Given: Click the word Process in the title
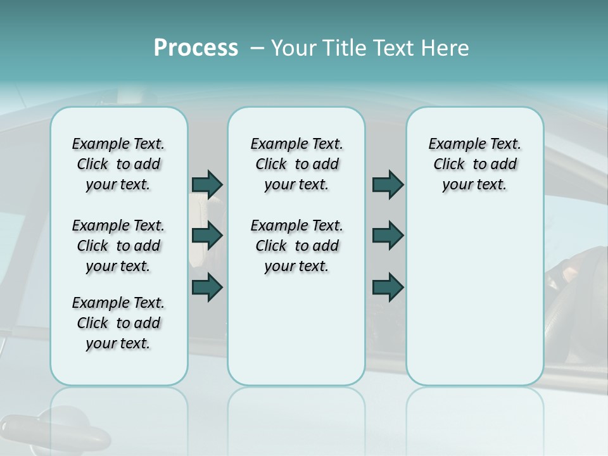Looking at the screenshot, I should pyautogui.click(x=196, y=48).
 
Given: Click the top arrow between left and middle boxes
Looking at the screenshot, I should pyautogui.click(x=207, y=184).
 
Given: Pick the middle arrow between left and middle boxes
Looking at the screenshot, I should pyautogui.click(x=207, y=236).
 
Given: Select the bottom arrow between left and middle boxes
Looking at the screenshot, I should pyautogui.click(x=207, y=287).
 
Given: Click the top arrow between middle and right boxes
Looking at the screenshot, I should pyautogui.click(x=388, y=184).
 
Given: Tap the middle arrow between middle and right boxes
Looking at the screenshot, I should pyautogui.click(x=388, y=236).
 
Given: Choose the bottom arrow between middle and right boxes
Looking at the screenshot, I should pyautogui.click(x=388, y=287).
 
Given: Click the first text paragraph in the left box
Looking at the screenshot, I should pyautogui.click(x=118, y=164).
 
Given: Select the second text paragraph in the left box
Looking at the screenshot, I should pyautogui.click(x=118, y=246).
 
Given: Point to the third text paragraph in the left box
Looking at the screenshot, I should pyautogui.click(x=118, y=323).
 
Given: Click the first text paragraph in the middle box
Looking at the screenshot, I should pyautogui.click(x=296, y=164).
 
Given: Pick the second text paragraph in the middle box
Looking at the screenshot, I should pyautogui.click(x=296, y=246).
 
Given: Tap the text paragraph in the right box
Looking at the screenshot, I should pyautogui.click(x=474, y=164).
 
